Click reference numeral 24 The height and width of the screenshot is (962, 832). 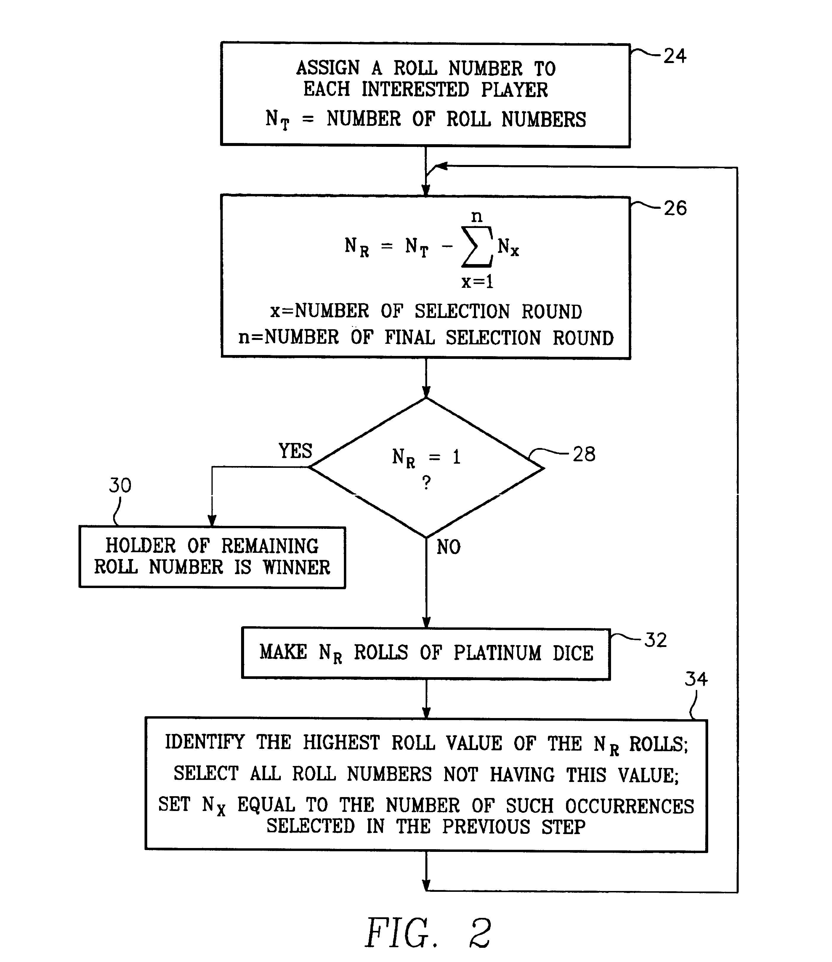[x=674, y=56]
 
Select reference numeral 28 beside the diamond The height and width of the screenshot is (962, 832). [x=584, y=454]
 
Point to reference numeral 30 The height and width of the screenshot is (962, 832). [x=120, y=486]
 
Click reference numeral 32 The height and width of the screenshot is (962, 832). [x=655, y=640]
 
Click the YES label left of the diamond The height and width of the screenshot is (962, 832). [x=296, y=451]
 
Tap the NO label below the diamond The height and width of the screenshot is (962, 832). [x=449, y=547]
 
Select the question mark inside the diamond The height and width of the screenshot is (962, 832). [x=427, y=483]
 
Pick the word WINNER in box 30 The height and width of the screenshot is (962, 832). [x=296, y=567]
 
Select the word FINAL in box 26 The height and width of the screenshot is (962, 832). [x=410, y=338]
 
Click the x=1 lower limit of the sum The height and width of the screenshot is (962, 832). [x=477, y=281]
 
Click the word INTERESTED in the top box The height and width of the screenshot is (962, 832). [x=415, y=89]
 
